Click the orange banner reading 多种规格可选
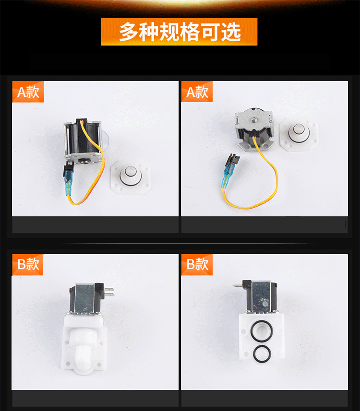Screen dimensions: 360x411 [x=179, y=32]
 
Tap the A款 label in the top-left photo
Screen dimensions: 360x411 [x=28, y=92]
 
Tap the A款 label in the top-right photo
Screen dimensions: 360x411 [x=197, y=92]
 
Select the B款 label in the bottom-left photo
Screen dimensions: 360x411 [x=28, y=264]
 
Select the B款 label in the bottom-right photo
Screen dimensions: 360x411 [x=197, y=264]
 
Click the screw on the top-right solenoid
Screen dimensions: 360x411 [x=254, y=119]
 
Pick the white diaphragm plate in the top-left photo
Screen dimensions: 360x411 [x=131, y=177]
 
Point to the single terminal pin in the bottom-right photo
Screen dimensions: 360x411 [x=238, y=285]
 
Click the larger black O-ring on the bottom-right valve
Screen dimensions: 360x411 [x=261, y=331]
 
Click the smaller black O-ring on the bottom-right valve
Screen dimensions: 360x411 [x=262, y=354]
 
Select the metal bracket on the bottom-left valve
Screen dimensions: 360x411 [x=85, y=299]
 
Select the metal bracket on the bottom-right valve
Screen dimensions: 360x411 [x=261, y=296]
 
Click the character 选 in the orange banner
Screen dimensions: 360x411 [x=231, y=32]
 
